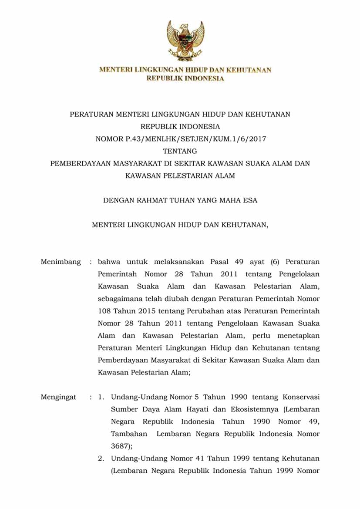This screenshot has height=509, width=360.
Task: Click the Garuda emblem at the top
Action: point(185,41)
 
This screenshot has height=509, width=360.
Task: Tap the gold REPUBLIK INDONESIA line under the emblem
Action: point(185,79)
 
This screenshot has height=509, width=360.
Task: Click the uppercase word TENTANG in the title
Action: point(180,152)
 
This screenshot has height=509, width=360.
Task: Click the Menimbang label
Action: point(61,262)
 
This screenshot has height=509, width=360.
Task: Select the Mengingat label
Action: point(58,397)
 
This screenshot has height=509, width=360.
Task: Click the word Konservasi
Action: point(301,397)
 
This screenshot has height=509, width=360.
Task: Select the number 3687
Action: point(120,446)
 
